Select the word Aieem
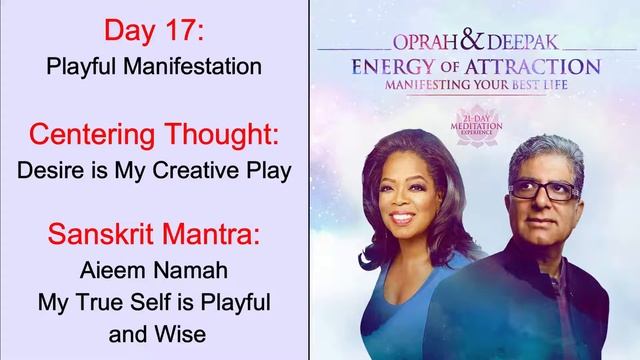pos(119,271)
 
